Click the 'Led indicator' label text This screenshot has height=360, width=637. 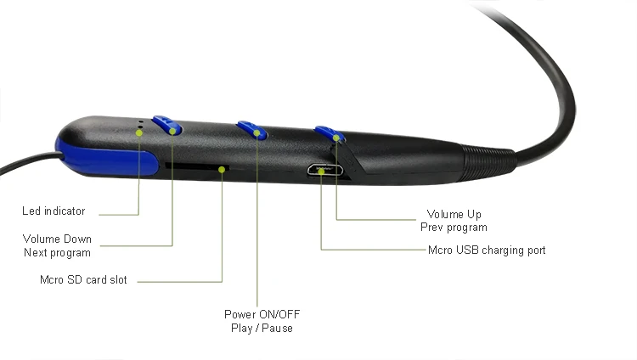[x=54, y=211]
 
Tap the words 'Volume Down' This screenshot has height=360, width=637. [x=57, y=239]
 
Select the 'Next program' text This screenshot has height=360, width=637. [x=57, y=253]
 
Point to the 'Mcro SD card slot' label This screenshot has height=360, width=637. [x=83, y=279]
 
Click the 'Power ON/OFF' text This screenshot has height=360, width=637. [x=262, y=314]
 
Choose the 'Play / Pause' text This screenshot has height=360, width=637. [x=262, y=328]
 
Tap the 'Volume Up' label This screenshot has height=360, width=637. [x=454, y=214]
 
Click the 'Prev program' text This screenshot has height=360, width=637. [x=454, y=228]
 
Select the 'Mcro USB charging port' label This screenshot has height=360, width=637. [x=487, y=250]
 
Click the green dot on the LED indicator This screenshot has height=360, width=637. [x=139, y=132]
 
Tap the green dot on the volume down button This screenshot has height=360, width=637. [x=172, y=132]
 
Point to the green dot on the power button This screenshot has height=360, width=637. [x=256, y=132]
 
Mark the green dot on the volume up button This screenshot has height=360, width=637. [x=336, y=138]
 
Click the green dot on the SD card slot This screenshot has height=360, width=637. [x=222, y=170]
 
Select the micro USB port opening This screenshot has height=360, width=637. [x=324, y=170]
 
